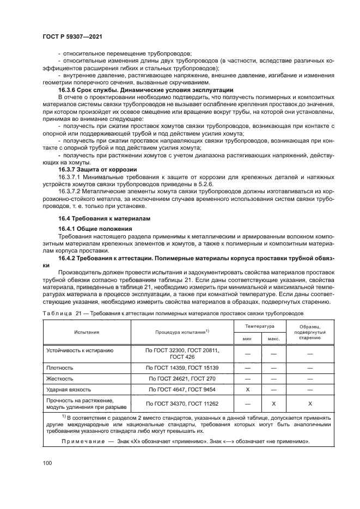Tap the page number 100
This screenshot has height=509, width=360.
pos(47,463)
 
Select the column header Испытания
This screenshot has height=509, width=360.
pos(87,331)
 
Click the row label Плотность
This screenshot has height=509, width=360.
pos(60,367)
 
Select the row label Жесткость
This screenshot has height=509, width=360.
pos(60,378)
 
